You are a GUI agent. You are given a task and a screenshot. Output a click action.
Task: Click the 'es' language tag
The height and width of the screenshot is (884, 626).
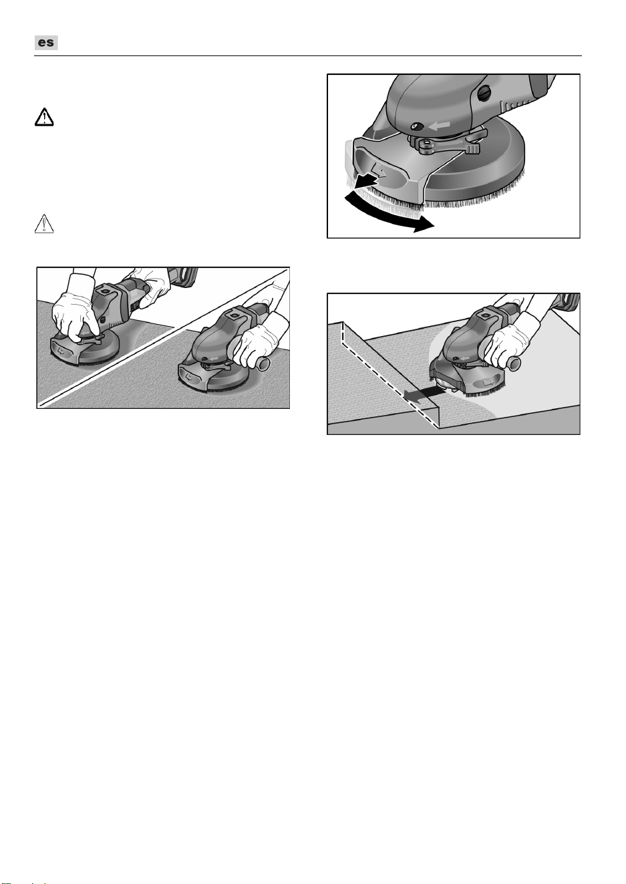[46, 43]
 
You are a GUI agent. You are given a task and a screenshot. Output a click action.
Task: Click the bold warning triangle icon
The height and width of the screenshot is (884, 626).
[44, 117]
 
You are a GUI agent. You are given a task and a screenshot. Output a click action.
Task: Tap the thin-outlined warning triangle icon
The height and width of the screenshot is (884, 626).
[44, 224]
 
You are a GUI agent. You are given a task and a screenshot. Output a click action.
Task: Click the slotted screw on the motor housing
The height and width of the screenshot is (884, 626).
[484, 94]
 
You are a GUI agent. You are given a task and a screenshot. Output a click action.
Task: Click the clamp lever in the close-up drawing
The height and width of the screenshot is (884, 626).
[450, 145]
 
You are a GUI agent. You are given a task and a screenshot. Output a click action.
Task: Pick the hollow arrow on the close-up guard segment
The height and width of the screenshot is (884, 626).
[379, 170]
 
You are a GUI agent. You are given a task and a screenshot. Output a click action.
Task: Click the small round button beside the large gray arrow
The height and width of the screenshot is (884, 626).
[417, 127]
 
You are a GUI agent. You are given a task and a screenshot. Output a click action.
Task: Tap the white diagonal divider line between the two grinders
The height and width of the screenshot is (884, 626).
[164, 337]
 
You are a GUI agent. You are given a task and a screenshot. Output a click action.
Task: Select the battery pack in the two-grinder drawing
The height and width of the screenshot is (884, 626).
[183, 276]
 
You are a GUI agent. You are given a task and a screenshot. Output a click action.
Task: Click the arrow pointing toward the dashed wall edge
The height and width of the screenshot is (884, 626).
[422, 393]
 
